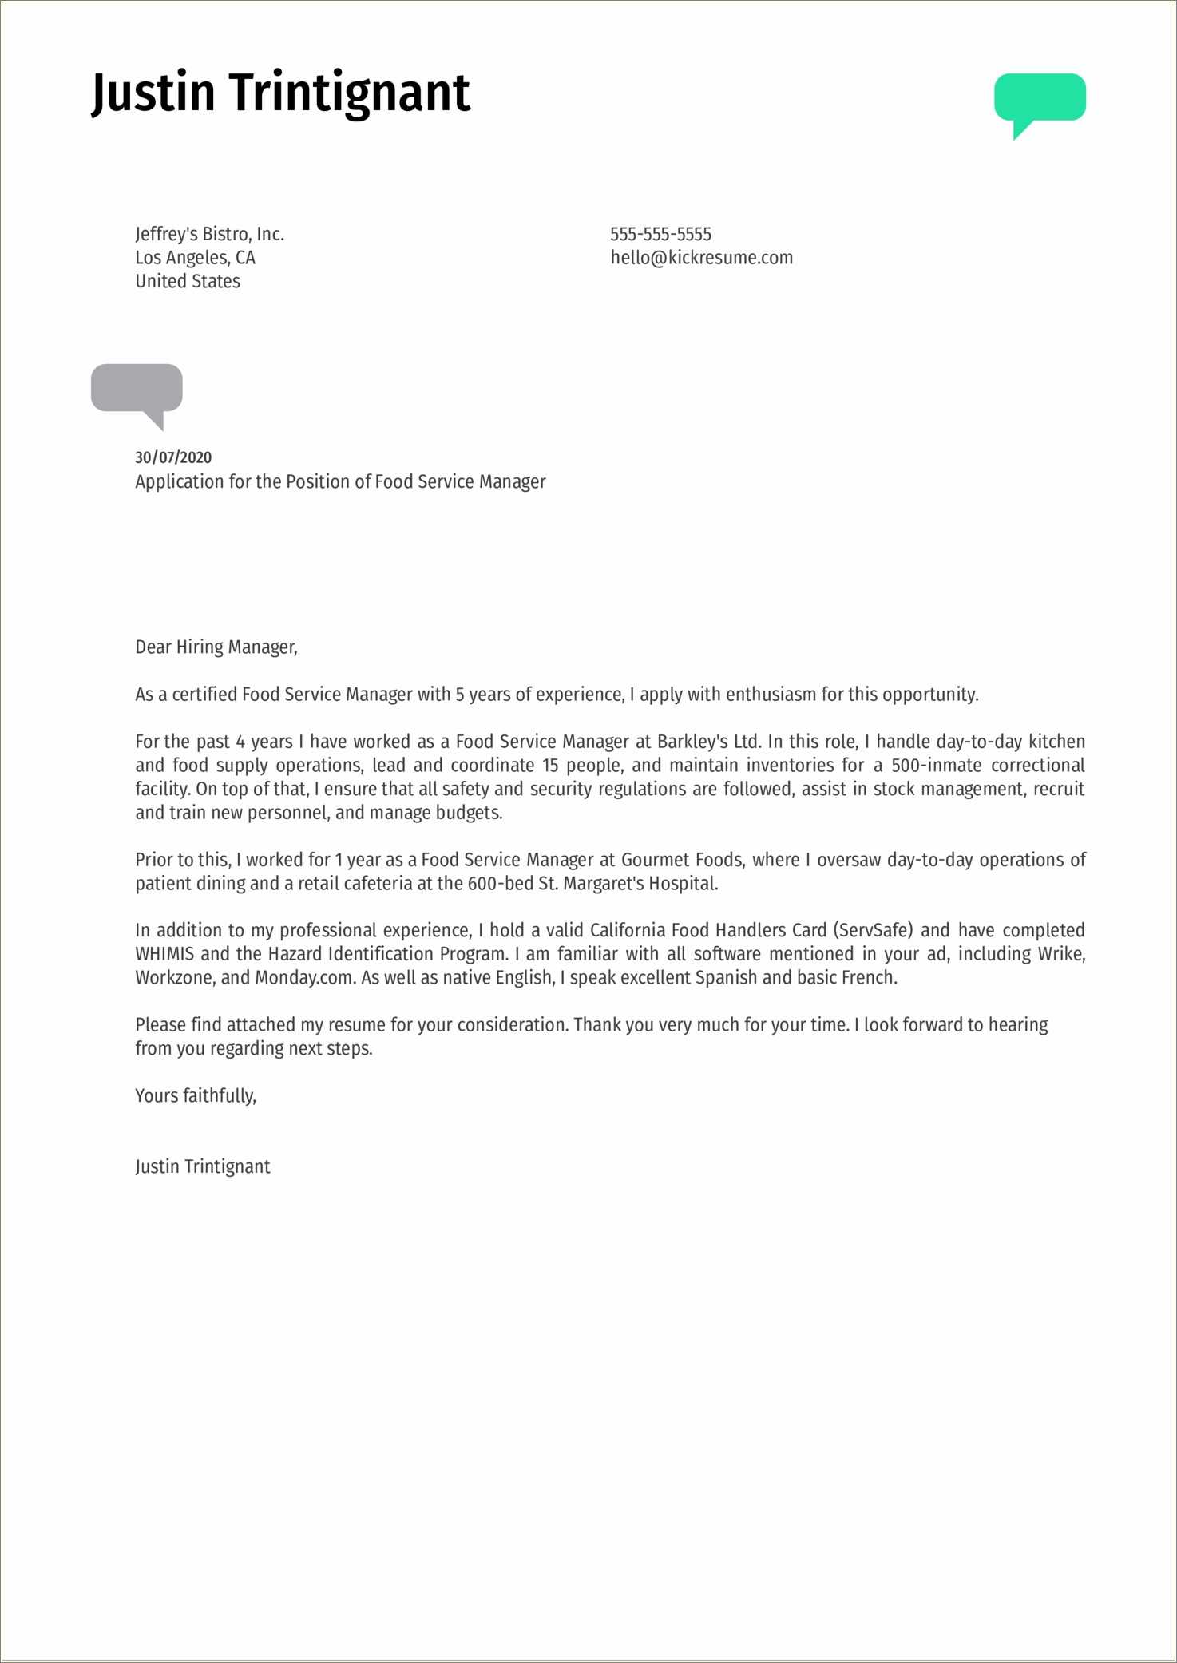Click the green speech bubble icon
tap(1040, 99)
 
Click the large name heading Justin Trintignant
tap(281, 92)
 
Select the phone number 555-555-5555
tap(660, 234)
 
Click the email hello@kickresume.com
tap(701, 258)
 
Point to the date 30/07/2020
tap(173, 457)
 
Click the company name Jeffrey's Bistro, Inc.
tap(209, 234)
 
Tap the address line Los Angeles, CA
tap(195, 258)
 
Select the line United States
tap(188, 281)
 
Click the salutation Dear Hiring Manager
tap(216, 647)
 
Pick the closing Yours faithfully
tap(196, 1095)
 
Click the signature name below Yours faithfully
tap(203, 1166)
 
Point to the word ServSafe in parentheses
tap(875, 931)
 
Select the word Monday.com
tap(304, 978)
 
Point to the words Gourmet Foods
tap(682, 860)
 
